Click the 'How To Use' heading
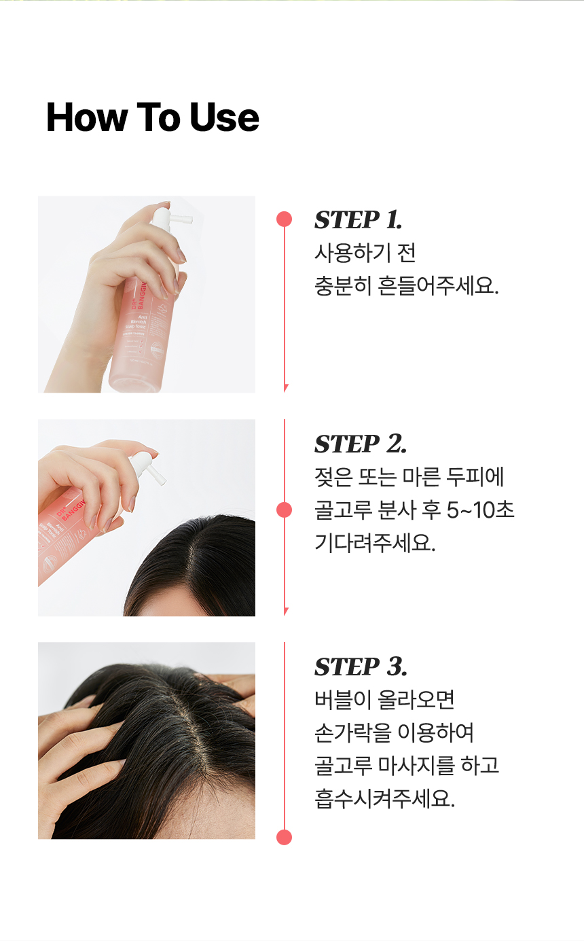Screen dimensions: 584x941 152,118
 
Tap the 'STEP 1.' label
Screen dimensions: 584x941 358,219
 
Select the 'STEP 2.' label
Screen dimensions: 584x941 361,444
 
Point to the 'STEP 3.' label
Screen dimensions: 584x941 361,667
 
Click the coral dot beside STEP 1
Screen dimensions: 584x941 285,219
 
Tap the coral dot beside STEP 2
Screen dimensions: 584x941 285,510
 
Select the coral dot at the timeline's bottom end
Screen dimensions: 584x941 285,837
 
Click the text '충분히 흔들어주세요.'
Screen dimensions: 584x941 406,285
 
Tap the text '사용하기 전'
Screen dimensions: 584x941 365,253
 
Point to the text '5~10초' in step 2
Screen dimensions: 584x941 480,510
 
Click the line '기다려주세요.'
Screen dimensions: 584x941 375,543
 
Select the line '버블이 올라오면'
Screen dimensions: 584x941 384,699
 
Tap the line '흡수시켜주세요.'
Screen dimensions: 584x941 384,798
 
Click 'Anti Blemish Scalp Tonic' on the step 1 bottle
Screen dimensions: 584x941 137,322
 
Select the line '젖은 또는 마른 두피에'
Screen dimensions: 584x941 409,477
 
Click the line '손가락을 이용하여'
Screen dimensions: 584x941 394,732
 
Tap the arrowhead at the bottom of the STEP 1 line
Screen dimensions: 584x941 285,388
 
